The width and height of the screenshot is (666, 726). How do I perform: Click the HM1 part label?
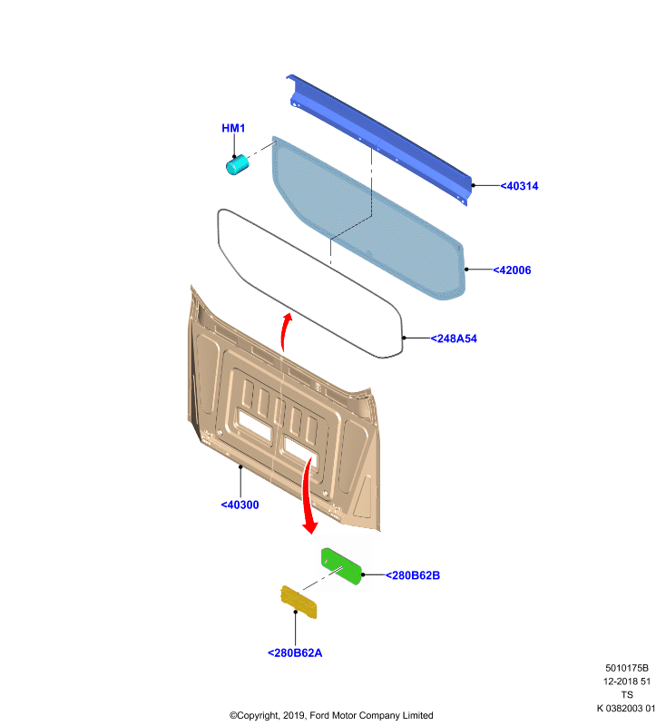(233, 128)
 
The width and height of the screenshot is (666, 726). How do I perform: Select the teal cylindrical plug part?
(237, 165)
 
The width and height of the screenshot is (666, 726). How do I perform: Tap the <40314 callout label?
(519, 186)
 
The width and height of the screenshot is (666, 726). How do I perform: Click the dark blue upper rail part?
(379, 139)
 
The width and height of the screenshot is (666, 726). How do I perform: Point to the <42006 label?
(512, 270)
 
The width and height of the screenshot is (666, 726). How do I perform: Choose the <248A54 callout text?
(454, 338)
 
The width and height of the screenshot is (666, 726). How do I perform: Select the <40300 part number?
(240, 505)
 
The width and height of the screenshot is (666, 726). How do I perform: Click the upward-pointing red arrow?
(285, 331)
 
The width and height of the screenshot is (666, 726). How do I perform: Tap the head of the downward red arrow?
(310, 527)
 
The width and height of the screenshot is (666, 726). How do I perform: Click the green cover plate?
(341, 566)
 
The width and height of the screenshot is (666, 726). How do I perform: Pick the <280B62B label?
(413, 575)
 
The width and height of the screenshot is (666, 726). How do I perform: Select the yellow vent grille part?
(299, 602)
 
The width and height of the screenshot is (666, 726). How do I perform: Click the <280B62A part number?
(295, 652)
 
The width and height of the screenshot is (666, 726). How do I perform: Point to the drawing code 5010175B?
(627, 668)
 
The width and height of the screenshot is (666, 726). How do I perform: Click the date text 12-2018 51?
(627, 682)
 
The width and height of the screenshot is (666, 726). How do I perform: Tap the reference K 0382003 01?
(626, 709)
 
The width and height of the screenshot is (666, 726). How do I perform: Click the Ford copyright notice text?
(331, 715)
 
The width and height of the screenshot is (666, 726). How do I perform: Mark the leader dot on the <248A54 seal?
(404, 338)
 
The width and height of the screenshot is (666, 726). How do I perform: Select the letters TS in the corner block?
(627, 695)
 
